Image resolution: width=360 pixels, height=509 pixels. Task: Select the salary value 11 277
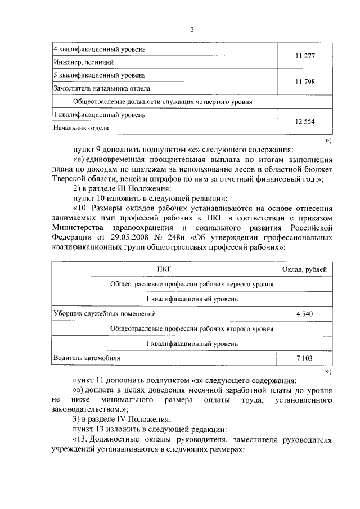click(305, 56)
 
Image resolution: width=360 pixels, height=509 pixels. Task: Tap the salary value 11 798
click(305, 82)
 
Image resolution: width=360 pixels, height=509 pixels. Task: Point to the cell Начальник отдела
click(81, 128)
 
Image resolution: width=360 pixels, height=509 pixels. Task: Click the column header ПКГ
click(164, 269)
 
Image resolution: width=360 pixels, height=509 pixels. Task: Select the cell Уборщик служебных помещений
click(104, 313)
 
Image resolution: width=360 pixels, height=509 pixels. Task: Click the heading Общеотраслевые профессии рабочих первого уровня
click(192, 284)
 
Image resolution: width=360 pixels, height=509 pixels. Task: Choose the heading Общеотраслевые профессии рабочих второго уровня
click(192, 328)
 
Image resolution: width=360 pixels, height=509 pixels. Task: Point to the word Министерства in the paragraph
click(76, 227)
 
